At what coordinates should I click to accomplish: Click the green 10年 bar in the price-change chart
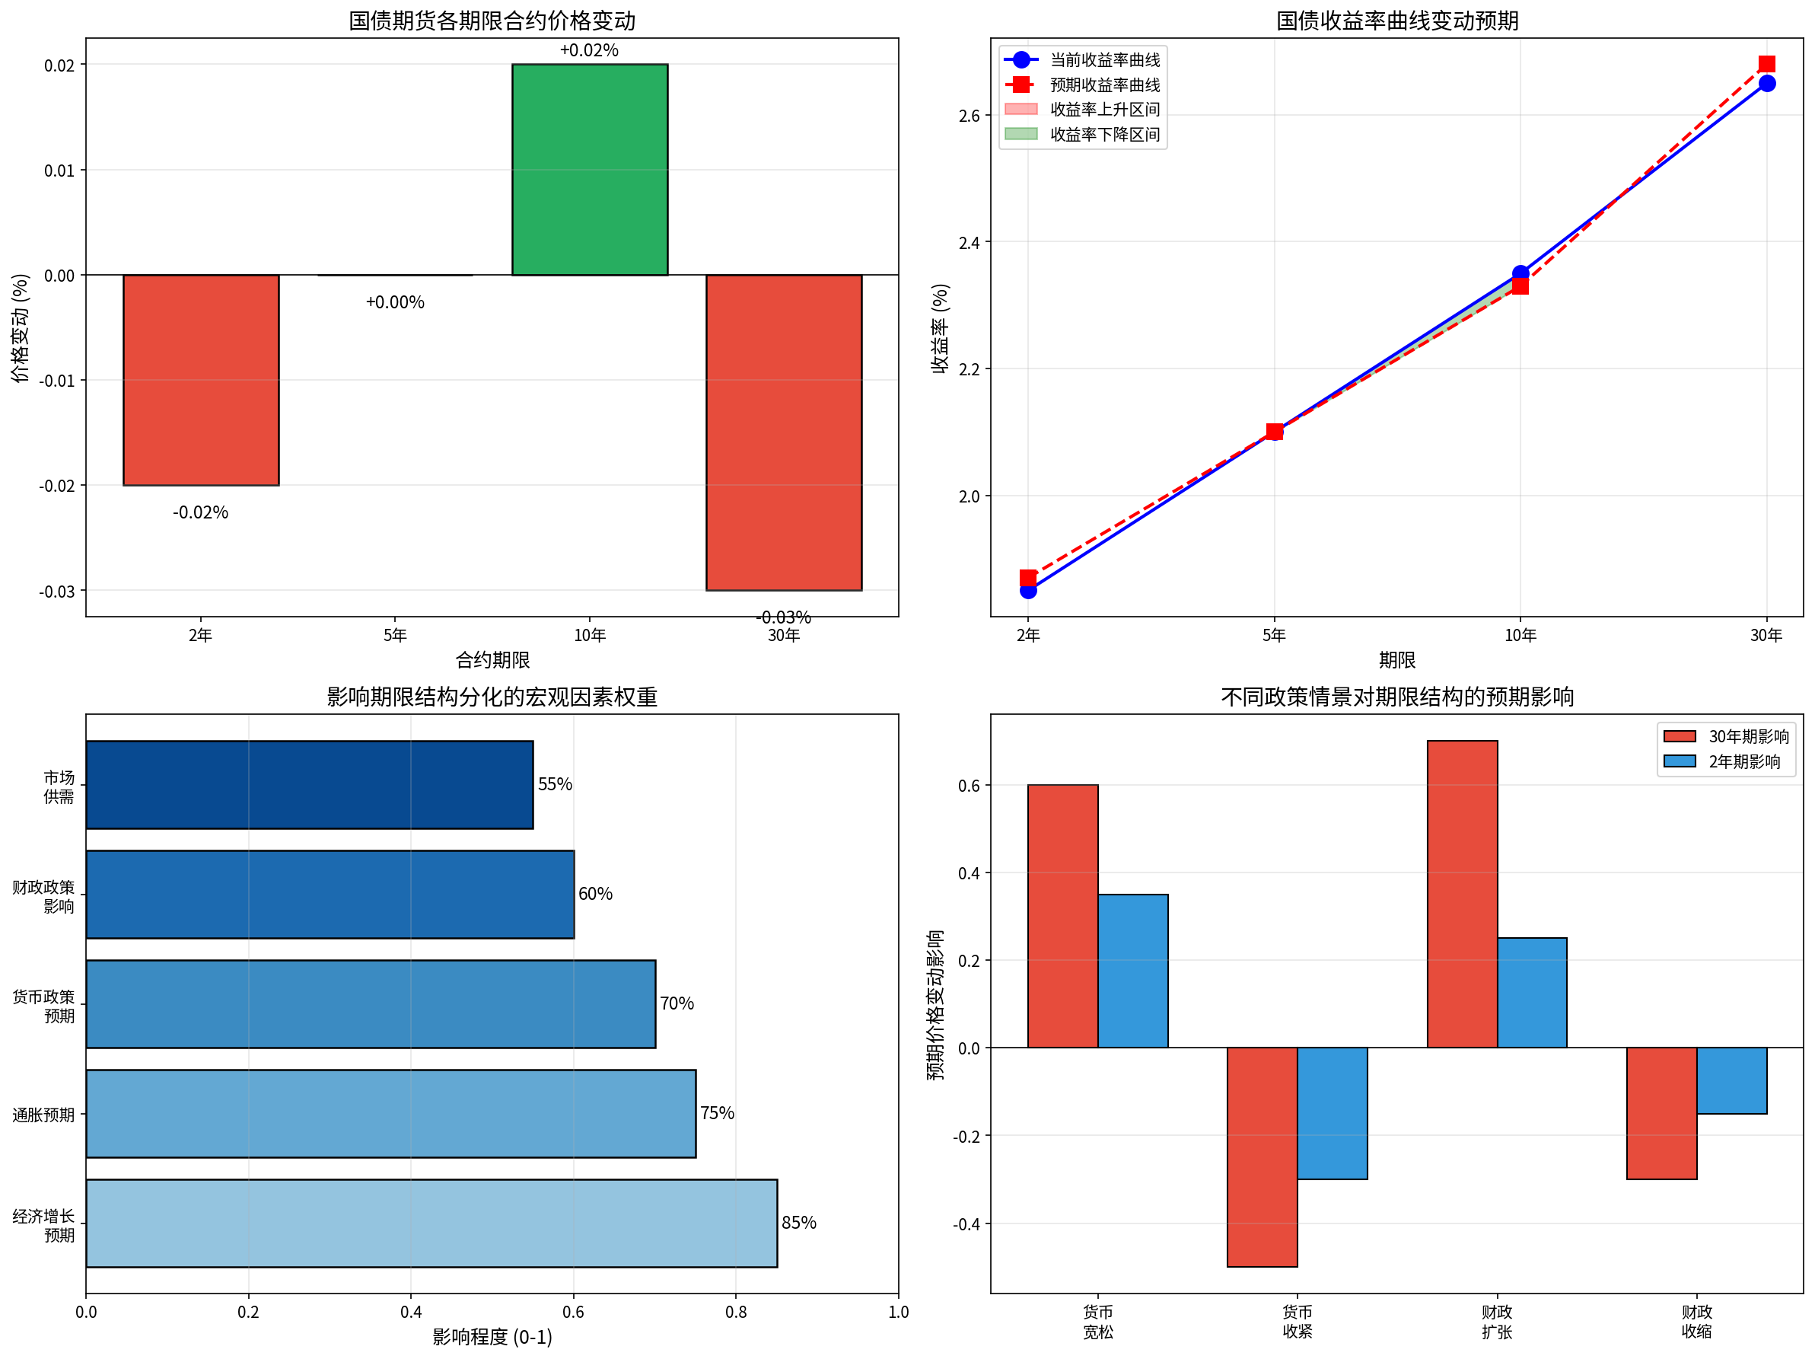[x=589, y=169]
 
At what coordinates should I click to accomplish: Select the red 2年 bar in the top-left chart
[x=200, y=379]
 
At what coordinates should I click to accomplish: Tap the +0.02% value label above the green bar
[x=589, y=50]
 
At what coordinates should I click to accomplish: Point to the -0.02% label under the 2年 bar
[x=200, y=512]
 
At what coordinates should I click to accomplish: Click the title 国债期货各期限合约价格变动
[x=492, y=20]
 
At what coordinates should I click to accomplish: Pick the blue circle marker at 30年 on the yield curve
[x=1766, y=84]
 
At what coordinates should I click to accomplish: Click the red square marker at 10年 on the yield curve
[x=1520, y=286]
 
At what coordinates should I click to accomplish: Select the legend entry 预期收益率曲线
[x=1104, y=85]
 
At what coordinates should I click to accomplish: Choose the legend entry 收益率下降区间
[x=1104, y=135]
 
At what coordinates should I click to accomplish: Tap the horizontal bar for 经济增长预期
[x=431, y=1223]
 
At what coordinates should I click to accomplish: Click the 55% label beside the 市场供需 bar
[x=555, y=783]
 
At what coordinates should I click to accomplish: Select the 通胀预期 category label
[x=43, y=1115]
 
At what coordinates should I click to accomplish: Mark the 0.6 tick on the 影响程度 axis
[x=573, y=1311]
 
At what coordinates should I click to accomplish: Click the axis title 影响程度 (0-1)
[x=492, y=1337]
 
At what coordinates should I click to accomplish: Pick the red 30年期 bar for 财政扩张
[x=1461, y=894]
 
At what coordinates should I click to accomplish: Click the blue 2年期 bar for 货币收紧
[x=1332, y=1113]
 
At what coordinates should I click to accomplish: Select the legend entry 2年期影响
[x=1743, y=761]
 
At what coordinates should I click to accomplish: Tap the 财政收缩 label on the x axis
[x=1696, y=1321]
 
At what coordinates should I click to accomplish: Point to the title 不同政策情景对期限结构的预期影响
[x=1396, y=697]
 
